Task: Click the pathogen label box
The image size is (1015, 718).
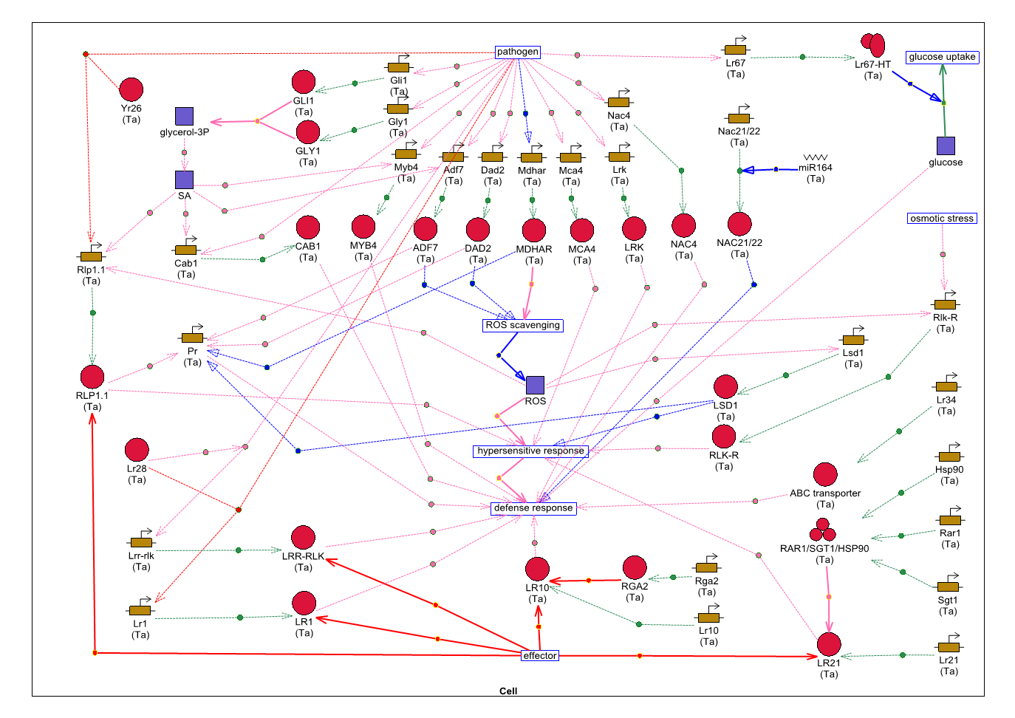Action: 517,52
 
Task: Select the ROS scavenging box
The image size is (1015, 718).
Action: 522,325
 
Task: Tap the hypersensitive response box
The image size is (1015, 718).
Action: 530,451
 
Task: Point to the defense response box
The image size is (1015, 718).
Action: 533,507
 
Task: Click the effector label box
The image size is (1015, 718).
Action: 539,655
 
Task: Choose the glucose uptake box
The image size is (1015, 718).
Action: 942,57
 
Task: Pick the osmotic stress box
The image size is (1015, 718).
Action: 942,219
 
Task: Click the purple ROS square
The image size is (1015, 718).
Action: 535,385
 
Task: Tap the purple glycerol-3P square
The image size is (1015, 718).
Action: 184,116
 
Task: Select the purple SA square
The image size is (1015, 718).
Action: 184,179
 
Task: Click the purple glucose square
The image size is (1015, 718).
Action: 946,146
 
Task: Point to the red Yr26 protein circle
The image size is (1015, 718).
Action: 131,89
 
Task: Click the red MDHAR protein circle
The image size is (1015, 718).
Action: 533,230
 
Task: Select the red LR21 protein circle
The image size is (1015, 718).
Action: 829,644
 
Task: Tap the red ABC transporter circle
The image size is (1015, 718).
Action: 825,474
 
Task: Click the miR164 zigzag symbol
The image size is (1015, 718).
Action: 816,157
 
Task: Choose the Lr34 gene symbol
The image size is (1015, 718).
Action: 946,386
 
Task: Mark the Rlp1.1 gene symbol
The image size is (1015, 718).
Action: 91,256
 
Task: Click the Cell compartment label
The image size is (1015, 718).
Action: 508,691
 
